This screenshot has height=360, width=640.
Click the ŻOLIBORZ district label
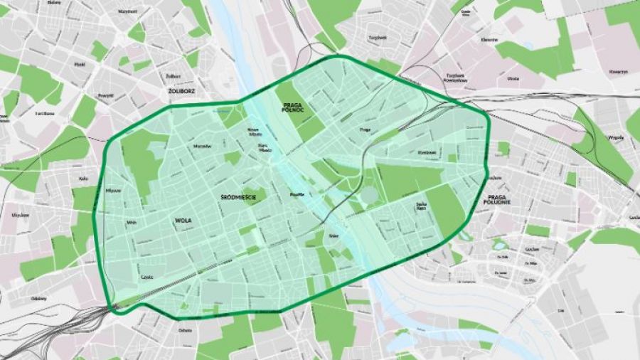tap(168, 91)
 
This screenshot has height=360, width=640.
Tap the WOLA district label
tap(183, 221)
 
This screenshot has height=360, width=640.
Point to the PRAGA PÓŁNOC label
tap(289, 107)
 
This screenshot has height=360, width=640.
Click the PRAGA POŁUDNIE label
tap(499, 199)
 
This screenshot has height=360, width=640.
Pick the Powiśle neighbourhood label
tap(297, 194)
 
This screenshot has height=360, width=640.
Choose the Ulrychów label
tap(19, 214)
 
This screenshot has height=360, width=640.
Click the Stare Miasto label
tap(266, 147)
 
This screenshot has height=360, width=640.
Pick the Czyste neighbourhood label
tap(147, 277)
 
